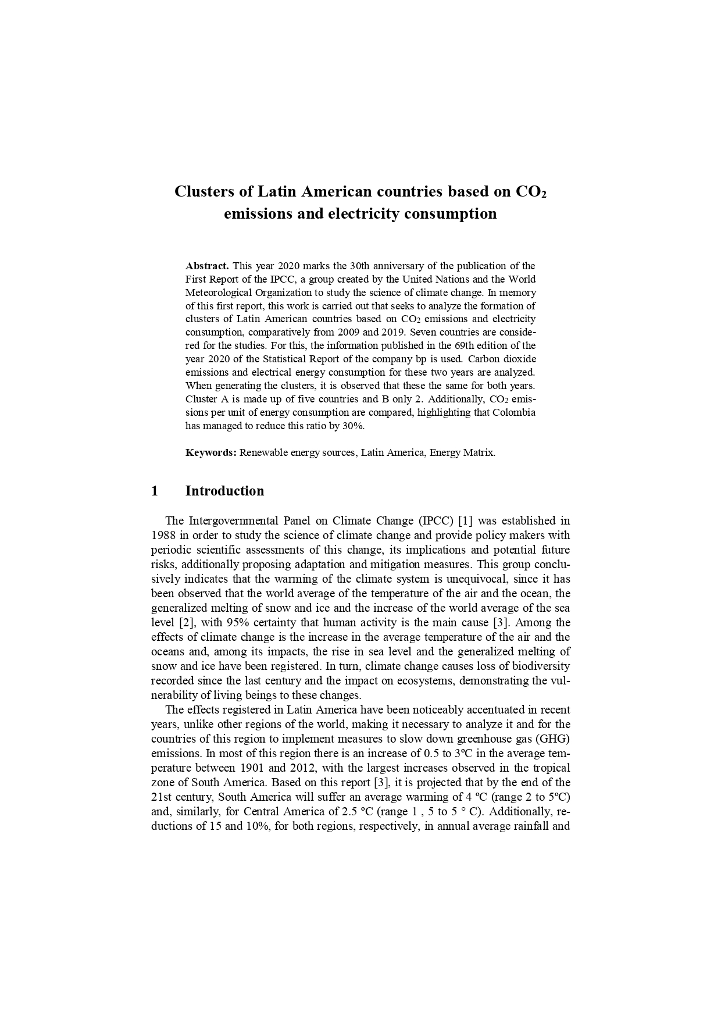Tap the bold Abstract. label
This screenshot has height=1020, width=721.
click(207, 266)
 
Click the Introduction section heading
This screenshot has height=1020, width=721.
click(224, 491)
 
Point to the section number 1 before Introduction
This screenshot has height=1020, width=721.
click(155, 491)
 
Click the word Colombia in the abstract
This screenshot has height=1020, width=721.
click(514, 412)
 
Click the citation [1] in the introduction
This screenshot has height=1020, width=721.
click(465, 520)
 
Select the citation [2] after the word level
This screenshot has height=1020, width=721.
click(185, 622)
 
